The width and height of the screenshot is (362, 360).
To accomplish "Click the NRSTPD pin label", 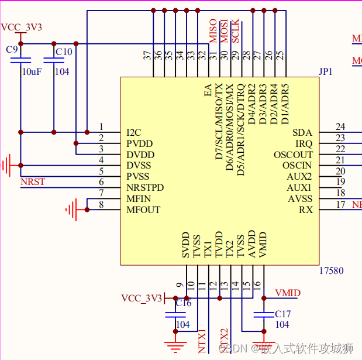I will [145, 187].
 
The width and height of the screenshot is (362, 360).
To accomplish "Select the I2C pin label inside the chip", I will [134, 132].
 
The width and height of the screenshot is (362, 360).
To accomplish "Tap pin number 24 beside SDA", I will [340, 126].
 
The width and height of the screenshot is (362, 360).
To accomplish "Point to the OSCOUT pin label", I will [293, 155].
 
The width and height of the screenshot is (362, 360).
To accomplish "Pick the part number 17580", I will [331, 270].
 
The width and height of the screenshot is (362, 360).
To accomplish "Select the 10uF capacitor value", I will [31, 71].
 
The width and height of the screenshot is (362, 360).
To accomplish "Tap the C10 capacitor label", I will [63, 52].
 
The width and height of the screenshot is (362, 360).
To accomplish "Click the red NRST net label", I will [33, 181].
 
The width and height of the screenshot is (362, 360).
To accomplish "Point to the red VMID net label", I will [288, 292].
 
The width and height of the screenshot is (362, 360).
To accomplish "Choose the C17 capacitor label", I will [282, 314].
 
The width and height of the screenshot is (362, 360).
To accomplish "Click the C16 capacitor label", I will [184, 303].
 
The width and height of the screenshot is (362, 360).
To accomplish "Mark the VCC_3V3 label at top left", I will [22, 27].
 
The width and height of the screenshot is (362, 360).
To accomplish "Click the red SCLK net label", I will [235, 32].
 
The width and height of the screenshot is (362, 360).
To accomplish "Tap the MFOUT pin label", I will [143, 210].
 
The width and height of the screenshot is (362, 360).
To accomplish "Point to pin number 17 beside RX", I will [340, 204].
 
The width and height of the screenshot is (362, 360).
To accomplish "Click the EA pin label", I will [208, 90].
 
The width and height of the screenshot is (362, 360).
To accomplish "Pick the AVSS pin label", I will [300, 198].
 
